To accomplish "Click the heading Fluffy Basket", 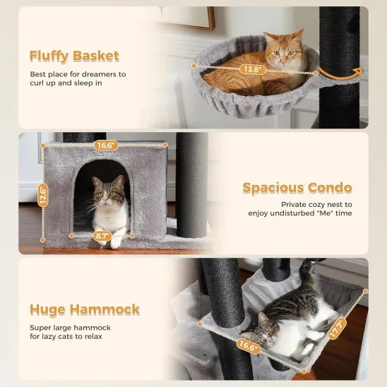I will point(74,56).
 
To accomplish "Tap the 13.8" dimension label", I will point(253,70).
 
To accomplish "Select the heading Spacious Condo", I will point(297,188).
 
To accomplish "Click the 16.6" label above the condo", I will point(105,145).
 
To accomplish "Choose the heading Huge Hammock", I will point(84,309).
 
